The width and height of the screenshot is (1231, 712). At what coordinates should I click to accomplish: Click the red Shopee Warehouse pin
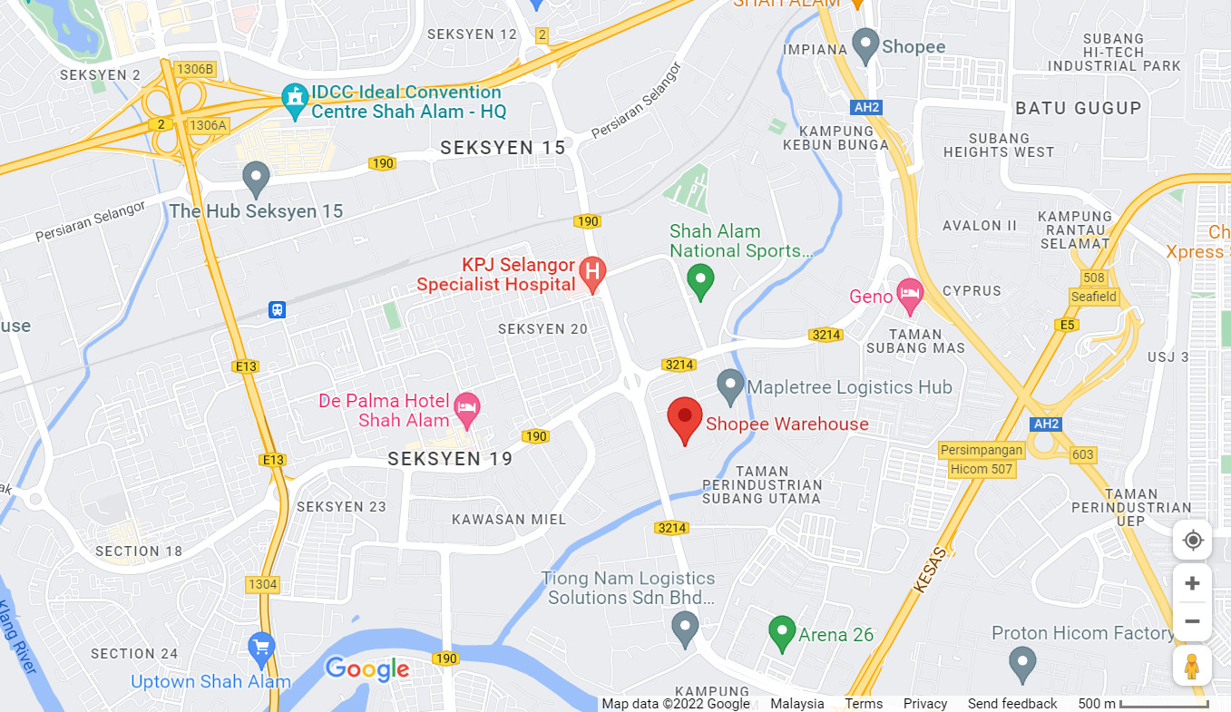(685, 419)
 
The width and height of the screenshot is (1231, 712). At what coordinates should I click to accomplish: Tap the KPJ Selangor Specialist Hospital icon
(592, 272)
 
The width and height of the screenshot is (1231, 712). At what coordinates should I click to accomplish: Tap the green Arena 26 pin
(782, 633)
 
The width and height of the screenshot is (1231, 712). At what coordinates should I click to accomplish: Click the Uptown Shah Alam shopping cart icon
(261, 648)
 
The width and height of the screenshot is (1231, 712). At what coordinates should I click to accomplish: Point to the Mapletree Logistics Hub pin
(730, 386)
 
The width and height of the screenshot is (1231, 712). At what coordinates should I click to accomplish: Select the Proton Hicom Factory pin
(1022, 663)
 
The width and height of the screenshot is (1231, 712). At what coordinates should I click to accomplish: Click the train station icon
(277, 310)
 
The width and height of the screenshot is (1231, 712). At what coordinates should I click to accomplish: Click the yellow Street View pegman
(1192, 666)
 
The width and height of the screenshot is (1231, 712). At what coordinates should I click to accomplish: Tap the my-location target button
(1192, 541)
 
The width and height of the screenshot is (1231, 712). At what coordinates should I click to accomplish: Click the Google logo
(367, 669)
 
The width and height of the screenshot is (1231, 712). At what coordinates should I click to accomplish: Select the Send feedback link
(1011, 704)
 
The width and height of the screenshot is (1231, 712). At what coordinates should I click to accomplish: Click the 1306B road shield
(195, 69)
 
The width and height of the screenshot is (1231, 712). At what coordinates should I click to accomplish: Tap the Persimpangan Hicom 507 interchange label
(982, 460)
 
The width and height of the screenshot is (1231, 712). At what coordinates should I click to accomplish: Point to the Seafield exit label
(1094, 297)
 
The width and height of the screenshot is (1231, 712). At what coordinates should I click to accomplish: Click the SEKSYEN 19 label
(450, 459)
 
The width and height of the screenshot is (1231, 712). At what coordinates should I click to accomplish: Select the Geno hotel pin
(909, 292)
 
